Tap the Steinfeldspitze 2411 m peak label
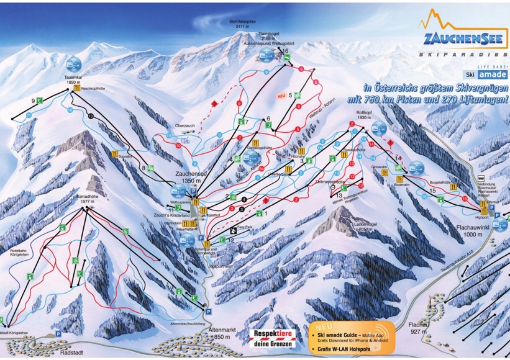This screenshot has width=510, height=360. pos(240,24)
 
